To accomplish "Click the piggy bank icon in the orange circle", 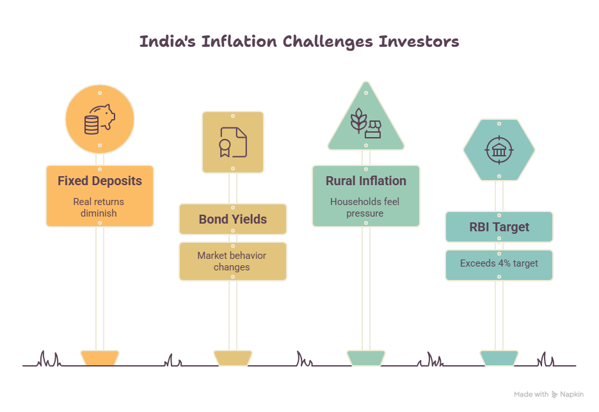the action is pyautogui.click(x=99, y=119).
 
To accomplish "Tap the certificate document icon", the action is pyautogui.click(x=233, y=142).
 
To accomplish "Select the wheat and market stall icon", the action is pyautogui.click(x=365, y=123).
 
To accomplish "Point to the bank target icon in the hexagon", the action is pyautogui.click(x=499, y=150).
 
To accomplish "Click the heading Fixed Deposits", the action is pyautogui.click(x=100, y=181).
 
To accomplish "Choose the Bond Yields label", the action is pyautogui.click(x=233, y=219).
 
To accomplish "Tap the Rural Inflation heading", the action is pyautogui.click(x=366, y=181).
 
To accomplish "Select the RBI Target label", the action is pyautogui.click(x=499, y=227).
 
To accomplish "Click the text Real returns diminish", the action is pyautogui.click(x=99, y=208).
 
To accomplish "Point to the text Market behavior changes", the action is pyautogui.click(x=232, y=261).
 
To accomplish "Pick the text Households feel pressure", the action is pyautogui.click(x=365, y=208).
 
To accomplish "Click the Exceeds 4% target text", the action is pyautogui.click(x=499, y=263).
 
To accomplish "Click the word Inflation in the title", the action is pyautogui.click(x=239, y=41).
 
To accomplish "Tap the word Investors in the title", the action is pyautogui.click(x=419, y=41).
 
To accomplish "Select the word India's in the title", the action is pyautogui.click(x=167, y=41).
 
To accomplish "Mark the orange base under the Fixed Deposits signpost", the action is pyautogui.click(x=100, y=358).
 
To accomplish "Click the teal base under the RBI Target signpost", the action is pyautogui.click(x=499, y=358).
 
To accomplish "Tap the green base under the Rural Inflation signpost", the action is pyautogui.click(x=366, y=358).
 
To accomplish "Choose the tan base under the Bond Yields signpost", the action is pyautogui.click(x=233, y=358).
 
